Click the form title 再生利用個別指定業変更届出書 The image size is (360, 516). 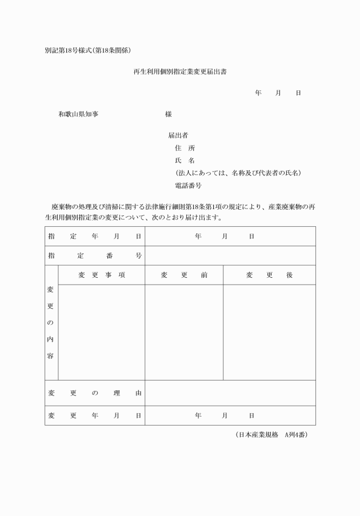181,72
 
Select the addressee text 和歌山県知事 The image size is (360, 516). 78,114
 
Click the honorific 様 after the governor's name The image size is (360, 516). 169,114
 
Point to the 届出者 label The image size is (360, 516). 178,135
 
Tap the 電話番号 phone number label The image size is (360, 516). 188,186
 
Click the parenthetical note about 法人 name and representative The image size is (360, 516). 238,173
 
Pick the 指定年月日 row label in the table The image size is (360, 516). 94,237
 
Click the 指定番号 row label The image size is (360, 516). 94,255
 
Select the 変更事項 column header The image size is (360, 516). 102,275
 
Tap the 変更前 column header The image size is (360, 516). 184,275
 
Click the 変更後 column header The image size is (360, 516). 269,275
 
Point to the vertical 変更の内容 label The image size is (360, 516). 51,322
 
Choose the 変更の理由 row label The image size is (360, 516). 94,393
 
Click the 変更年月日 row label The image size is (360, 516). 94,415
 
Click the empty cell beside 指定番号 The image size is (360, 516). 230,255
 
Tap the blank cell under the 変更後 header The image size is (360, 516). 269,332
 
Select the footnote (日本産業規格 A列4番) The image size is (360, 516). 271,435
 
